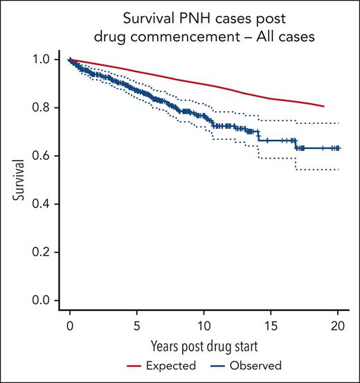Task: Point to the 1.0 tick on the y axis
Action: (41, 60)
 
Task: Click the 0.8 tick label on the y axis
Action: (41, 108)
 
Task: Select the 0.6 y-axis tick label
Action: (41, 156)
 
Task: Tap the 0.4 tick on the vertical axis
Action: (41, 204)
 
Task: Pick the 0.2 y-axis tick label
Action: (41, 252)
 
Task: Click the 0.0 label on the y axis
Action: (41, 301)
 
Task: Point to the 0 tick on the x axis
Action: (69, 326)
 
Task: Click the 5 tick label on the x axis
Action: (136, 326)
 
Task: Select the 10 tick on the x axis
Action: (204, 326)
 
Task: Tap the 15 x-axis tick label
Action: (271, 326)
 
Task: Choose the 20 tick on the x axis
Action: (338, 326)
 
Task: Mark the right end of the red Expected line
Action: (324, 106)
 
